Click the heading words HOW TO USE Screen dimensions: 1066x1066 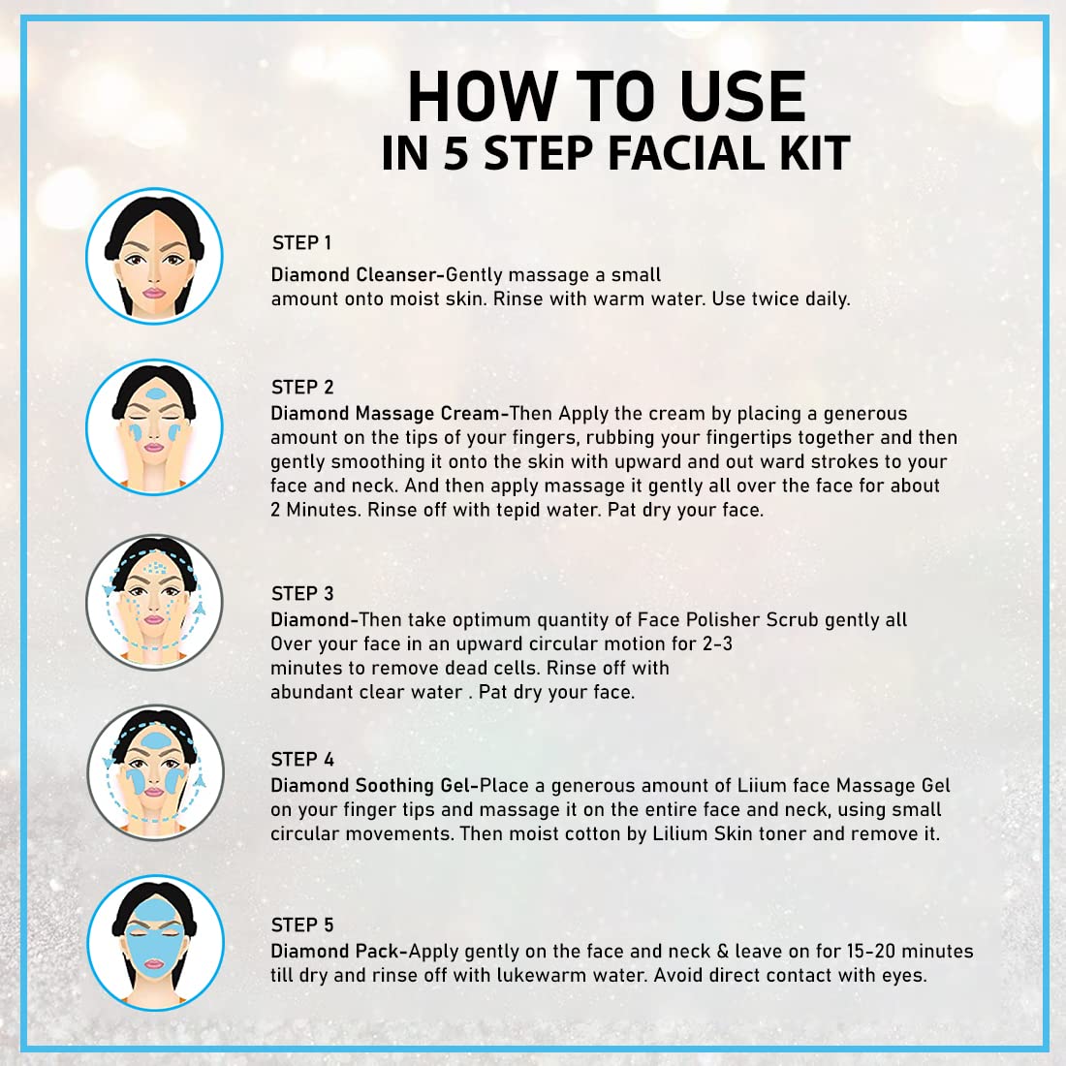pos(607,97)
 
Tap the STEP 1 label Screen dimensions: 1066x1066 pos(301,242)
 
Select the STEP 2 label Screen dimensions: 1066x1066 pos(302,387)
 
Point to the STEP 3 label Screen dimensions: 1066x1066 pos(302,593)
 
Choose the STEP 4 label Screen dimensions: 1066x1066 pos(302,759)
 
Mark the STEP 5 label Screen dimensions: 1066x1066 pos(302,925)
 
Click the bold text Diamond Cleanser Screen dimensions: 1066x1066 pos(354,274)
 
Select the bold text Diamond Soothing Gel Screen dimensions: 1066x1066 pos(370,786)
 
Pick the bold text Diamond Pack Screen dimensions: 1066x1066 pos(335,951)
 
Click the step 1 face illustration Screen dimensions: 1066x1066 pos(154,256)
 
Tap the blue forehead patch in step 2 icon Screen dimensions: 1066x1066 pos(156,392)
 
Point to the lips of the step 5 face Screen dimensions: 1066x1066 pos(154,964)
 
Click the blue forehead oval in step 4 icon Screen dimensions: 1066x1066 pos(156,740)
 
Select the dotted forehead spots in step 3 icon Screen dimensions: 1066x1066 pos(156,567)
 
